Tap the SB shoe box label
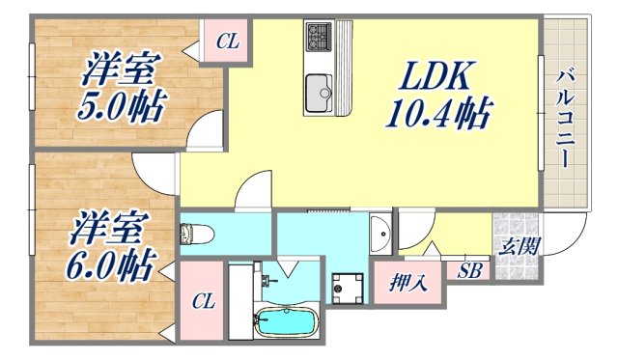470,270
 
